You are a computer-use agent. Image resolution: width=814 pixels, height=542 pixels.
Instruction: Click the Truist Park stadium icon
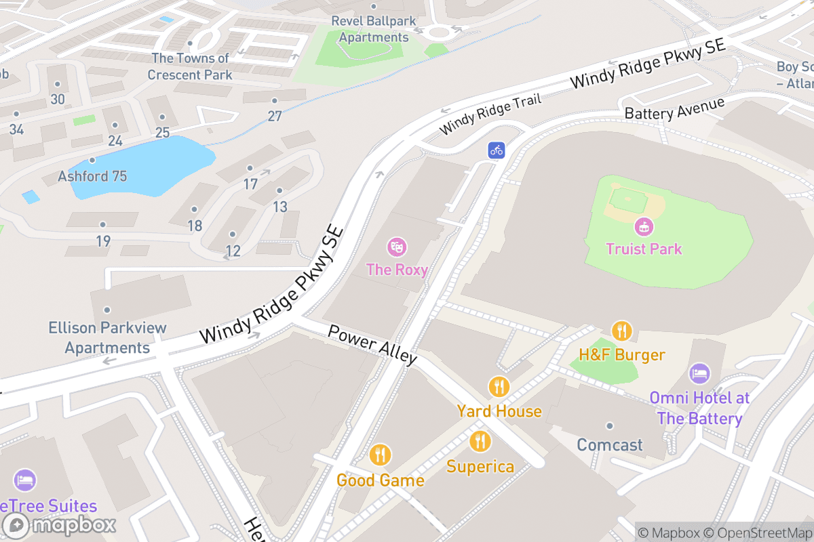[x=643, y=226]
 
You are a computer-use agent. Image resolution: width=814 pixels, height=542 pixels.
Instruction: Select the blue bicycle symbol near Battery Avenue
[x=497, y=150]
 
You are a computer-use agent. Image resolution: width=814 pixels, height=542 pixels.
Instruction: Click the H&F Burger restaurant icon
[x=621, y=331]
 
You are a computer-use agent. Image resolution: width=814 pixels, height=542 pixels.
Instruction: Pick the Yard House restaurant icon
[x=499, y=387]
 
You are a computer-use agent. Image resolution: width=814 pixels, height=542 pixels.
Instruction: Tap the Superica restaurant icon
[x=480, y=442]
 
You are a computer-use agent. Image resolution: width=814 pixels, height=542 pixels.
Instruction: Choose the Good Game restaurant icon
[x=381, y=455]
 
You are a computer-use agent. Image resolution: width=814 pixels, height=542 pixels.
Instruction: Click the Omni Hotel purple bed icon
[x=699, y=373]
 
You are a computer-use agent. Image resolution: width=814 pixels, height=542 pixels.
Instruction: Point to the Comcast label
[x=609, y=445]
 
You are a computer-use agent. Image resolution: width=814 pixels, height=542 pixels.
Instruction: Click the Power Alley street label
[x=372, y=345]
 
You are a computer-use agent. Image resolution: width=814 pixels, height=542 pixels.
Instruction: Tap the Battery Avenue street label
[x=674, y=108]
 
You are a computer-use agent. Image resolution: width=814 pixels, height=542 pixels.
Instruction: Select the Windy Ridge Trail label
[x=490, y=114]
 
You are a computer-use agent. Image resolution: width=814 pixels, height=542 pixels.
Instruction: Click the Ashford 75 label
[x=92, y=176]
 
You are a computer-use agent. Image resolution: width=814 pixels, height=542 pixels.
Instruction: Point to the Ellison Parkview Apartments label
[x=107, y=337]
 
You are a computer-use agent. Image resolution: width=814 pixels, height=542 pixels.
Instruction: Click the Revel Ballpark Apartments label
[x=374, y=29]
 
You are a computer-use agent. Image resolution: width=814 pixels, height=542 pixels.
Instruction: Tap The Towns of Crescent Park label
[x=190, y=66]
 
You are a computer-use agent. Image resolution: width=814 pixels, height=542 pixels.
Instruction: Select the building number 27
[x=274, y=116]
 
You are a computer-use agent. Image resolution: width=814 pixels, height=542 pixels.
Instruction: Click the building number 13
[x=280, y=207]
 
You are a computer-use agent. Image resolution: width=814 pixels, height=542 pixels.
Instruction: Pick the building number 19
[x=103, y=241]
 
